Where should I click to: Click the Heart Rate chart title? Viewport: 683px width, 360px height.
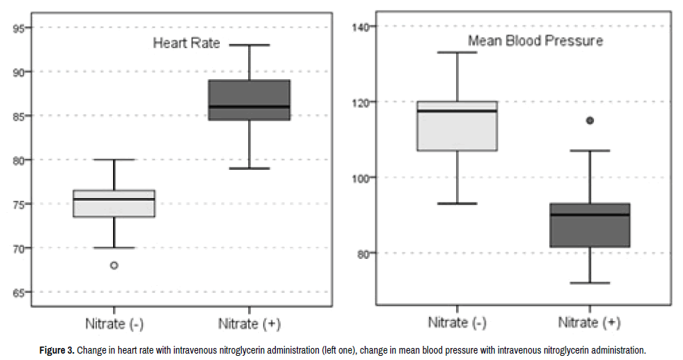(x=187, y=43)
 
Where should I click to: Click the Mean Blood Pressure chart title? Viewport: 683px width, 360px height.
(x=535, y=41)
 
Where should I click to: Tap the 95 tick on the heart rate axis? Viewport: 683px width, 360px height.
(x=18, y=28)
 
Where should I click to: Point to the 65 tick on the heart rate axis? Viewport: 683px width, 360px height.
(x=18, y=292)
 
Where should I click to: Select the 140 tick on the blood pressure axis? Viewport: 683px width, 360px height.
(x=363, y=27)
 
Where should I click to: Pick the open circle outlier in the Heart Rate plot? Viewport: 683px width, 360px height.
(x=114, y=266)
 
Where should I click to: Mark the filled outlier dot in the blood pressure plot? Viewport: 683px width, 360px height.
(x=590, y=120)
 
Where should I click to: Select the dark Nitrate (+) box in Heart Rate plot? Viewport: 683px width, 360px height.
(x=249, y=100)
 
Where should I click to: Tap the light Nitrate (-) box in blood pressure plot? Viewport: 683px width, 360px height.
(x=457, y=126)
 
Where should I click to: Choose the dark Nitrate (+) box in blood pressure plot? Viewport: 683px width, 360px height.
(x=590, y=225)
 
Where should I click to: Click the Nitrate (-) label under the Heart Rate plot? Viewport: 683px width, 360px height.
(x=114, y=324)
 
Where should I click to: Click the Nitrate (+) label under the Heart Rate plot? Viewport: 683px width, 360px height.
(x=249, y=324)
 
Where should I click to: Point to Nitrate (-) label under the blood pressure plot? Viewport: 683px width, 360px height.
(x=457, y=323)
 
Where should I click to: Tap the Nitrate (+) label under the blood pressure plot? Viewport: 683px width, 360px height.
(x=590, y=323)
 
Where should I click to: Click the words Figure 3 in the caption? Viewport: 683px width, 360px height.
(x=56, y=350)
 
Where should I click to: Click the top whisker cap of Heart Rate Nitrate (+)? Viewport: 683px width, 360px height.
(x=249, y=45)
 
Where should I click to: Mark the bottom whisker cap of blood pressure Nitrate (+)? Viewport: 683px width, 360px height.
(x=590, y=283)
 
